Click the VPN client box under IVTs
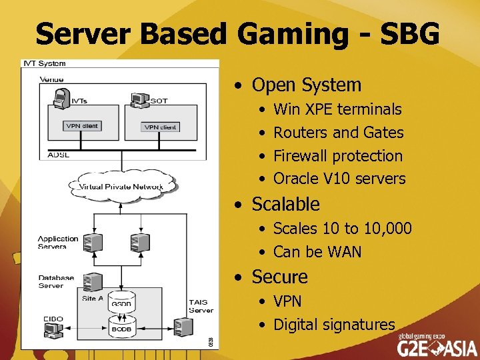click(82, 125)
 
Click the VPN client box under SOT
click(161, 127)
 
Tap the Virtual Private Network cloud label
click(121, 187)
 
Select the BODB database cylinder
click(121, 327)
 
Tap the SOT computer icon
click(139, 100)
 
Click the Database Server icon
click(94, 281)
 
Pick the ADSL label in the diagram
click(59, 155)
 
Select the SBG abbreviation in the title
click(408, 33)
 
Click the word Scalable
click(286, 204)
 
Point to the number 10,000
click(387, 229)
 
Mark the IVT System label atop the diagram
click(45, 63)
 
